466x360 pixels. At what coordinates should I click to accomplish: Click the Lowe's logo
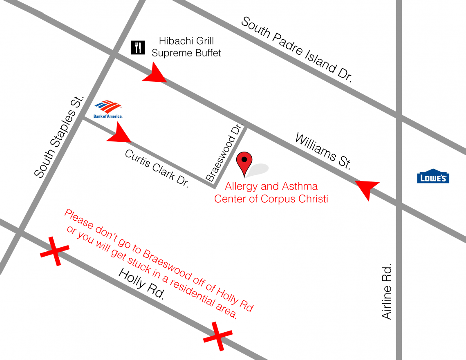pos(433,176)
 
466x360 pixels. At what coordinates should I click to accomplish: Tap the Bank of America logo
pos(108,109)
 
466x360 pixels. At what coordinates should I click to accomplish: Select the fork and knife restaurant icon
pos(138,48)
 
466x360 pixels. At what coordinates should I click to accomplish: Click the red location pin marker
pos(244,164)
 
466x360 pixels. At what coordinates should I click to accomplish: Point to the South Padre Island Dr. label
pos(296,50)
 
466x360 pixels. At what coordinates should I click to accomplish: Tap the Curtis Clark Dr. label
pos(157,168)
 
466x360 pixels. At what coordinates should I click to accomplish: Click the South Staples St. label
pos(59,137)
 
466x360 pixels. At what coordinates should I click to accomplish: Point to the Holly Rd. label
pos(141,285)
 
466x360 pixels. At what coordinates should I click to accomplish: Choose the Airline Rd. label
pos(387,291)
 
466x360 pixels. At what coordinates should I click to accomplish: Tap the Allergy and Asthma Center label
pos(271,193)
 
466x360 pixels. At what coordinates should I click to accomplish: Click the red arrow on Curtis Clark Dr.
pos(120,134)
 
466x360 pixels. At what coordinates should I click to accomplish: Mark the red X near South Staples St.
pos(54,251)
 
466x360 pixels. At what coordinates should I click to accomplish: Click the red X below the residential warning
pos(217,336)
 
